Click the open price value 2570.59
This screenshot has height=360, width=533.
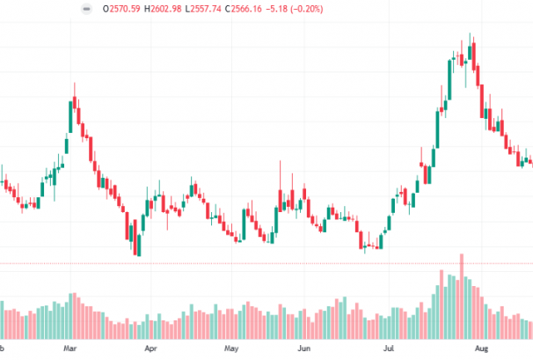click(x=126, y=9)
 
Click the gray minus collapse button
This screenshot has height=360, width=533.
click(x=85, y=9)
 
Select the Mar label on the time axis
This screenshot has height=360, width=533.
click(x=69, y=349)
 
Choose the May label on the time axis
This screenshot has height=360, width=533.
click(x=231, y=349)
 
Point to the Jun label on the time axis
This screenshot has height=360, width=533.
click(x=304, y=349)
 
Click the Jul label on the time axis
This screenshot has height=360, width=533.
click(x=387, y=349)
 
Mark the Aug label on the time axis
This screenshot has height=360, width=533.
click(x=476, y=349)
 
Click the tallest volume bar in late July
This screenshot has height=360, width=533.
click(x=461, y=295)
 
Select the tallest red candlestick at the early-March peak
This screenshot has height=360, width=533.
click(x=77, y=113)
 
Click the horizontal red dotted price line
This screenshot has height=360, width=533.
click(x=264, y=263)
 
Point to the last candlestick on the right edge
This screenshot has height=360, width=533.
click(x=529, y=162)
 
